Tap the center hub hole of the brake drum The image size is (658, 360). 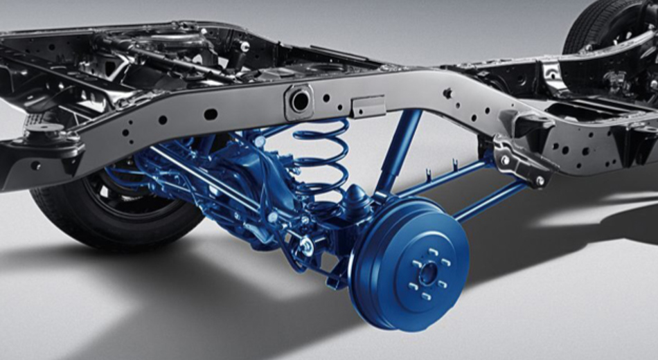427,273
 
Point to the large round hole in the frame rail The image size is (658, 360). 299,101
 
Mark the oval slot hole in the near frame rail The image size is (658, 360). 211,114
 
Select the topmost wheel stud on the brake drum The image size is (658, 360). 430,251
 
